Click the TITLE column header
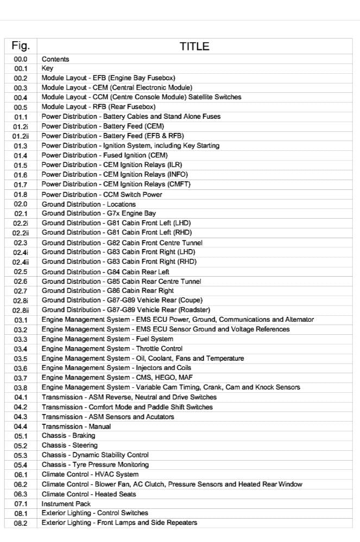(194, 47)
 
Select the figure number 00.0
(21, 59)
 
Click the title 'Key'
(47, 69)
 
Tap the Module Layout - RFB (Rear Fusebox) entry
(98, 107)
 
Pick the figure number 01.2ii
(21, 136)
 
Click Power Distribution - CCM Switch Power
(102, 194)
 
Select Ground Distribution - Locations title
(89, 204)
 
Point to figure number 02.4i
(21, 252)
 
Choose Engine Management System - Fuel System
(104, 339)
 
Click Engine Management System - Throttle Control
(112, 349)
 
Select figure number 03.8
(21, 387)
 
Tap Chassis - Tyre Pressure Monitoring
(96, 465)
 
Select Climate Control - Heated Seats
(89, 494)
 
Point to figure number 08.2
(21, 523)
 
